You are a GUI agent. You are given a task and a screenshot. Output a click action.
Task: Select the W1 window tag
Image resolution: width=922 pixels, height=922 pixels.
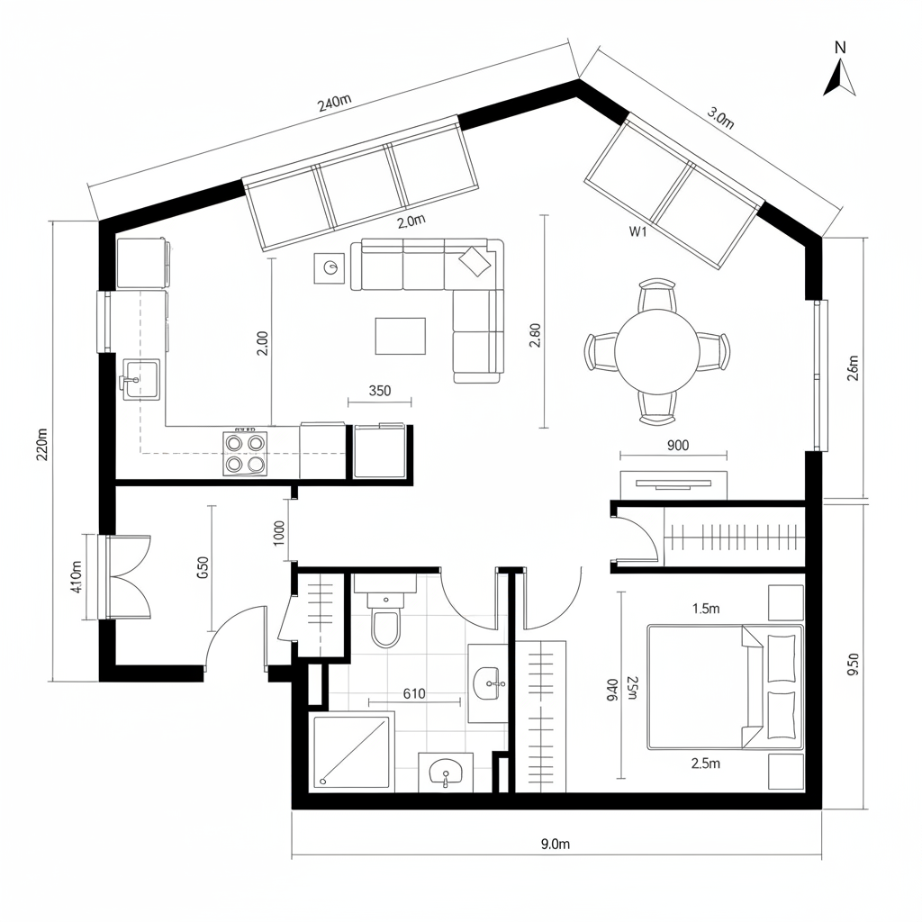tap(637, 231)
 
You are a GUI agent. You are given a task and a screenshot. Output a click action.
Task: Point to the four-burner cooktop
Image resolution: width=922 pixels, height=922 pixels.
tap(246, 453)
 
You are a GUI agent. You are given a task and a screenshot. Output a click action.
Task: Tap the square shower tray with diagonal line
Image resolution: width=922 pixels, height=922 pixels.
tap(352, 752)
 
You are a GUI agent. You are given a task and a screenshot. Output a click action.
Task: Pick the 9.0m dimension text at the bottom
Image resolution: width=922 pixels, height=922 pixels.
tap(556, 844)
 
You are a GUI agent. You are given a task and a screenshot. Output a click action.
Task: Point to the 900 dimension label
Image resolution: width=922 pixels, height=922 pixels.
tap(678, 444)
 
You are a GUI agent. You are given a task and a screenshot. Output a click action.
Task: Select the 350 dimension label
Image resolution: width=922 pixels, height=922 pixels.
tap(379, 391)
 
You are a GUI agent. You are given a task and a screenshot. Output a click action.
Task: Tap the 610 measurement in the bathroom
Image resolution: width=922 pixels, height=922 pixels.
tap(413, 693)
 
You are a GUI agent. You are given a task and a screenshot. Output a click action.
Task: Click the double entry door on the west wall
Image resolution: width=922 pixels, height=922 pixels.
tap(125, 577)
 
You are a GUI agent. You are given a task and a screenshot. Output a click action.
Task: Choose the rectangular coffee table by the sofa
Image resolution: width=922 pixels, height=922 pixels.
tap(400, 336)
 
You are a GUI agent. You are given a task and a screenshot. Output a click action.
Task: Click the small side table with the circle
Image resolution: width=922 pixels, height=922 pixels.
tap(330, 267)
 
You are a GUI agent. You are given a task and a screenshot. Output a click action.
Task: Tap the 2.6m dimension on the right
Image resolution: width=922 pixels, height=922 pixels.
tap(854, 369)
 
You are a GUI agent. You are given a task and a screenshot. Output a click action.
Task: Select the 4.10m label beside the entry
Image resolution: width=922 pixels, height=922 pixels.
tap(76, 577)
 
